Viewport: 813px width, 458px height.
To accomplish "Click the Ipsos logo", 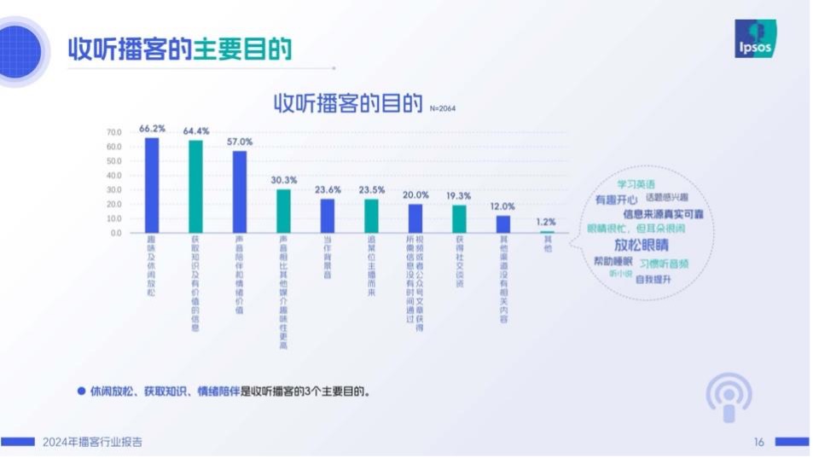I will [x=753, y=39].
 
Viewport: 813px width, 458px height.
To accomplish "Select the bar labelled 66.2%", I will [x=152, y=184].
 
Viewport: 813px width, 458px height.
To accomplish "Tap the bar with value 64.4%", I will [x=195, y=186].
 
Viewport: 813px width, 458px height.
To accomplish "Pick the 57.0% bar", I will [x=240, y=191].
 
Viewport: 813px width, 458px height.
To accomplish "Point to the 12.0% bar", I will [x=502, y=223].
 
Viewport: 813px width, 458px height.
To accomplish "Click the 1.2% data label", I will [x=546, y=222].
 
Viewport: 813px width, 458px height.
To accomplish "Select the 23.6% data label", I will [x=328, y=189].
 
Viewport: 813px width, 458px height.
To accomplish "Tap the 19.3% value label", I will [x=459, y=195].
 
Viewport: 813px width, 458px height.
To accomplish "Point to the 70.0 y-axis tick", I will [x=114, y=132].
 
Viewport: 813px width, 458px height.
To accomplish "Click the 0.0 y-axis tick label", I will [x=116, y=232].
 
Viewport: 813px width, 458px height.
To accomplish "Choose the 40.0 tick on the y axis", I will [x=114, y=176].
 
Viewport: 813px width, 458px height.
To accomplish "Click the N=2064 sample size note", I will [x=445, y=109].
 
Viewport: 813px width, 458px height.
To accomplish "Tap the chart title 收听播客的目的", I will [x=348, y=104].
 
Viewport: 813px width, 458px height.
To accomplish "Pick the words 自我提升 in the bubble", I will [x=654, y=278].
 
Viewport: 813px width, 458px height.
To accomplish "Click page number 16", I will [x=758, y=442].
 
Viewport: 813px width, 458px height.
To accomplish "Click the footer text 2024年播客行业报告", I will [x=92, y=442].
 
